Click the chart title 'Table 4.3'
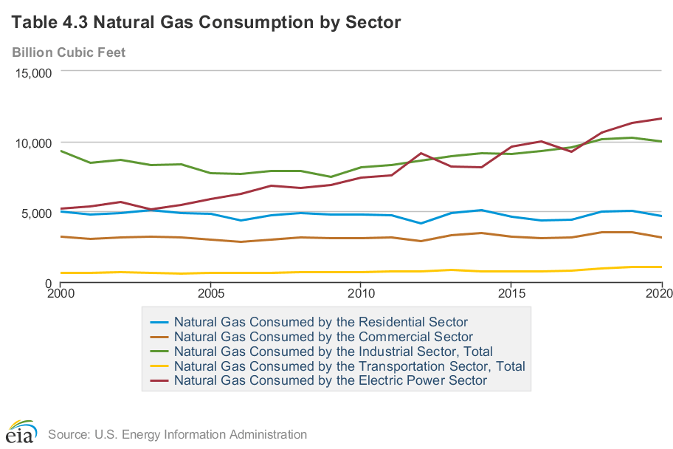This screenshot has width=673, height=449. (206, 23)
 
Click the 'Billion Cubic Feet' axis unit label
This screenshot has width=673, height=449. (69, 52)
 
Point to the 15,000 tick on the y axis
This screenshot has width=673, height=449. (32, 72)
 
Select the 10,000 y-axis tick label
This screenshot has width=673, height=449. (32, 143)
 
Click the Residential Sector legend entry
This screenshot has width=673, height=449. (320, 322)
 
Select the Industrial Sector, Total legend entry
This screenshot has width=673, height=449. (333, 352)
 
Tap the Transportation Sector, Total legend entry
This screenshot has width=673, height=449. (349, 366)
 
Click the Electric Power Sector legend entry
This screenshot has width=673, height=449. (331, 381)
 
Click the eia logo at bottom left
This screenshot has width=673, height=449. (21, 431)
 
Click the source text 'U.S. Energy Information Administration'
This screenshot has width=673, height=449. (177, 434)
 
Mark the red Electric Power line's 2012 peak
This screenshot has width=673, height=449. (420, 153)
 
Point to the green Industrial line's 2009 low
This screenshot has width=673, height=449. (330, 177)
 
